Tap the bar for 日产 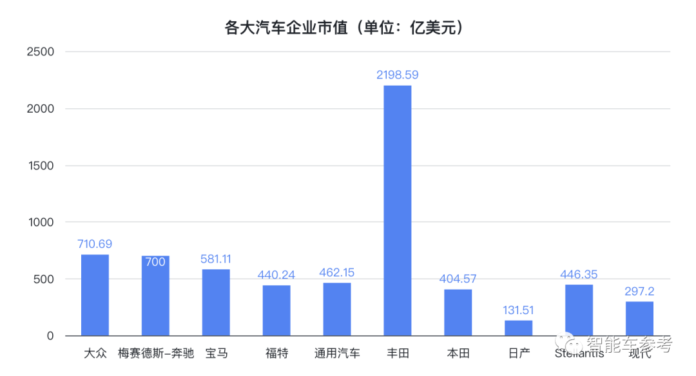pyautogui.click(x=519, y=328)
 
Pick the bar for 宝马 pyautogui.click(x=216, y=302)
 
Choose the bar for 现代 pyautogui.click(x=639, y=319)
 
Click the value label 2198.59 pyautogui.click(x=398, y=75)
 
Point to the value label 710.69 pyautogui.click(x=95, y=244)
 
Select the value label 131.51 pyautogui.click(x=519, y=310)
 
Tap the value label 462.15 pyautogui.click(x=337, y=272)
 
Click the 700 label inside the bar pyautogui.click(x=155, y=262)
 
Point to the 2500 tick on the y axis pyautogui.click(x=41, y=52)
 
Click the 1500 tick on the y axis pyautogui.click(x=41, y=165)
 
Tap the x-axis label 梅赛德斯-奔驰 pyautogui.click(x=156, y=353)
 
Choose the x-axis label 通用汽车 pyautogui.click(x=337, y=353)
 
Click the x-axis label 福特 pyautogui.click(x=276, y=353)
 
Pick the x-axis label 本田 pyautogui.click(x=458, y=353)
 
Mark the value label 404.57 pyautogui.click(x=458, y=279)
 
